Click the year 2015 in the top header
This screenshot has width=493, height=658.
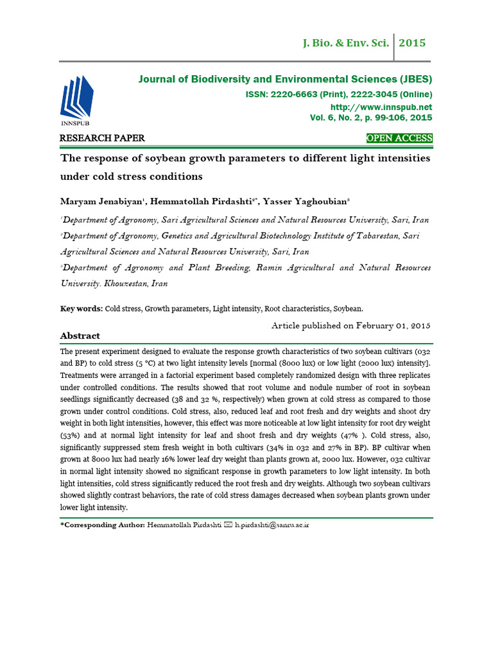pos(412,44)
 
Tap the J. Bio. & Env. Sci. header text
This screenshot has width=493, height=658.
pos(345,44)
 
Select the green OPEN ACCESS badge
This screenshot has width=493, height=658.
pos(399,138)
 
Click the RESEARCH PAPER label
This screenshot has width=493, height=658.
pos(102,138)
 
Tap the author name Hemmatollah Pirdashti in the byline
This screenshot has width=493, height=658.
pos(202,200)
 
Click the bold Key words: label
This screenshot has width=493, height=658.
pos(81,308)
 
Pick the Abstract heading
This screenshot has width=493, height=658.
pos(80,336)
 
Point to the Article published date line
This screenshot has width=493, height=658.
pos(350,325)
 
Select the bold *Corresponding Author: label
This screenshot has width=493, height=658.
pos(101,525)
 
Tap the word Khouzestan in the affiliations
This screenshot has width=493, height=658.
pos(132,283)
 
